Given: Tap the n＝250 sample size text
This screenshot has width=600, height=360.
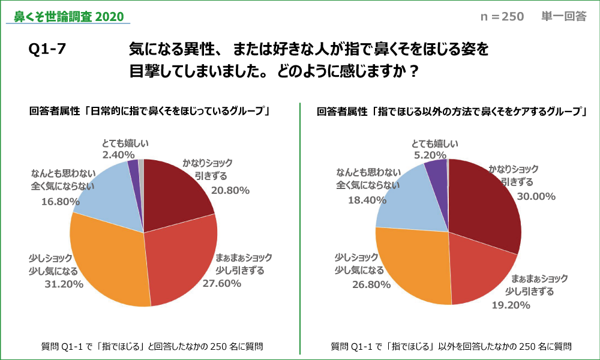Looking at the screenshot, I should (502, 17).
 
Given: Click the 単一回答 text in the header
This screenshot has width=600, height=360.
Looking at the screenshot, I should (564, 17).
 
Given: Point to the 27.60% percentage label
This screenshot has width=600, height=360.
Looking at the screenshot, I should (222, 283).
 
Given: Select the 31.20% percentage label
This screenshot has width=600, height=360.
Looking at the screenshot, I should (64, 284).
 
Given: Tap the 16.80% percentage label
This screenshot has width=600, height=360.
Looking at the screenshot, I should (61, 202).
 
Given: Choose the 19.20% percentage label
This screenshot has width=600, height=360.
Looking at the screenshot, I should (511, 305).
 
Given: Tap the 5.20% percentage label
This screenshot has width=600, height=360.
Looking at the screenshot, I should (431, 155).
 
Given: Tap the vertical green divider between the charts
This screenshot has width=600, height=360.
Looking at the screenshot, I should (299, 228).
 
